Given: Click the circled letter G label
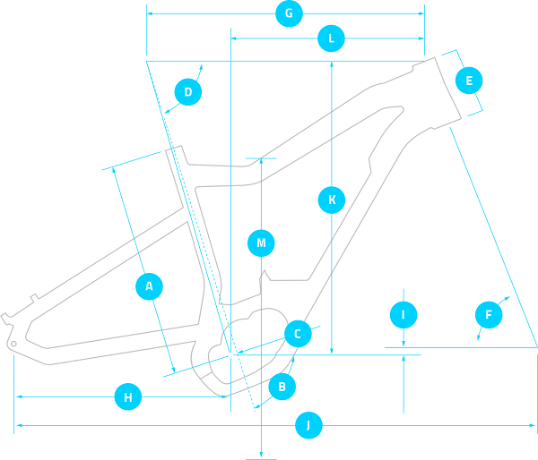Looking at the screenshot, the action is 289,13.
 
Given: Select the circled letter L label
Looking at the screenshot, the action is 331,38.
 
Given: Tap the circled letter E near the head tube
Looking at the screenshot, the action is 469,81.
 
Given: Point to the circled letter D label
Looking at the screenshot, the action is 188,92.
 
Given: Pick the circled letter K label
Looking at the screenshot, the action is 332,200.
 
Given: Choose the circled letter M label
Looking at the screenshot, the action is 261,243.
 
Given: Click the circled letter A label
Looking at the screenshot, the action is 149,286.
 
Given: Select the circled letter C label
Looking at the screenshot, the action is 298,334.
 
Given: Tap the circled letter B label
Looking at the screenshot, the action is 282,387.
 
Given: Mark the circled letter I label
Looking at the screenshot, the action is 403,314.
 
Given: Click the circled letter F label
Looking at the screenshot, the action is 489,314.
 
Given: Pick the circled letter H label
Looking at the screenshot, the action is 128,397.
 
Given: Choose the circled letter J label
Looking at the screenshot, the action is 308,425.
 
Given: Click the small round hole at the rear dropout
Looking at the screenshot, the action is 13,344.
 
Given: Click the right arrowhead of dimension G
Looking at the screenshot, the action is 421,13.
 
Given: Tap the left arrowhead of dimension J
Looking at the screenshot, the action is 19,425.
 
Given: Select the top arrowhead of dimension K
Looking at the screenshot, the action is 332,64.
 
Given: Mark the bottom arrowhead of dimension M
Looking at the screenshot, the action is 261,454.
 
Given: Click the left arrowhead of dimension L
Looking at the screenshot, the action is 234,38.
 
